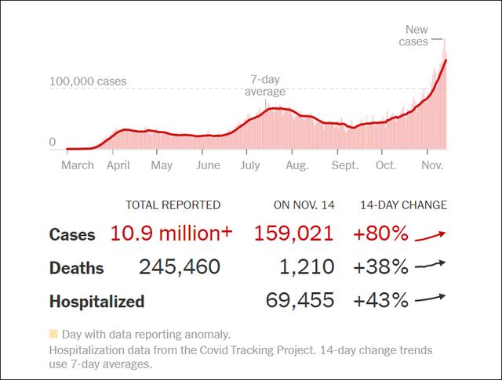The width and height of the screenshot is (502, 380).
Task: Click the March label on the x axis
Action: click(x=78, y=165)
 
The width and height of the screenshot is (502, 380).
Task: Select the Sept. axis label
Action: click(x=344, y=165)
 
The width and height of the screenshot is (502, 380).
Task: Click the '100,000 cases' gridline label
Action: click(x=88, y=81)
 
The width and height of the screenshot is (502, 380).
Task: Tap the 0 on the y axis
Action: click(x=53, y=143)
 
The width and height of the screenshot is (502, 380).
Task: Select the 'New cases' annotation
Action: click(x=415, y=34)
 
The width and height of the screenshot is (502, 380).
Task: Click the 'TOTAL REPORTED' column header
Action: click(x=173, y=205)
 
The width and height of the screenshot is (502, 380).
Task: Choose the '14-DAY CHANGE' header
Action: click(x=403, y=205)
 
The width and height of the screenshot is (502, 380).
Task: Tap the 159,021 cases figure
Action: click(x=294, y=233)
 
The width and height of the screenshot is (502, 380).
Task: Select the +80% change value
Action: click(x=380, y=233)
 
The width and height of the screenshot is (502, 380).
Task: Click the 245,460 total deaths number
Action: click(x=180, y=267)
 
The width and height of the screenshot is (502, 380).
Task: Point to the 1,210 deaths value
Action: click(x=307, y=267)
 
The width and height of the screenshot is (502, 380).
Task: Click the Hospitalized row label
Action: click(x=96, y=302)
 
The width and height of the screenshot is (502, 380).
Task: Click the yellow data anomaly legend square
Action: click(x=53, y=334)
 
